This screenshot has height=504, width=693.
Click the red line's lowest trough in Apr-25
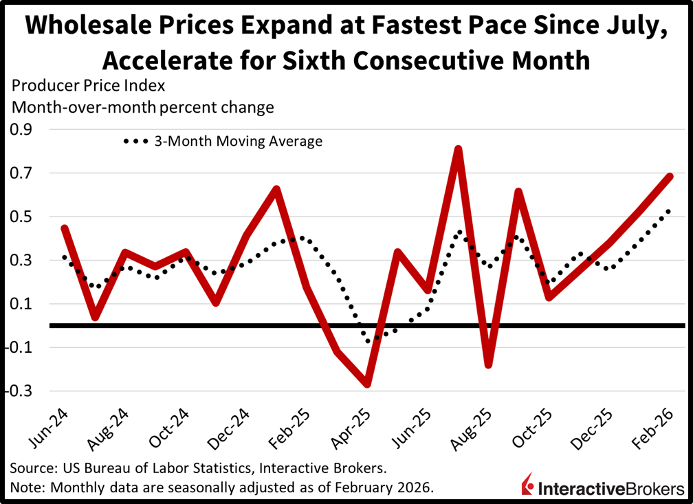click(x=367, y=384)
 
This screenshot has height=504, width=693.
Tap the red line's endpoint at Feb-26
click(x=670, y=176)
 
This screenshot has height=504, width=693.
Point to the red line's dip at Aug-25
click(x=488, y=364)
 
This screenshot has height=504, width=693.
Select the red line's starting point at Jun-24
click(x=64, y=228)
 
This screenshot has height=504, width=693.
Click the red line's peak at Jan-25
click(x=276, y=188)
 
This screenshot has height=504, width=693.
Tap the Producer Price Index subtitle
click(x=87, y=87)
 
